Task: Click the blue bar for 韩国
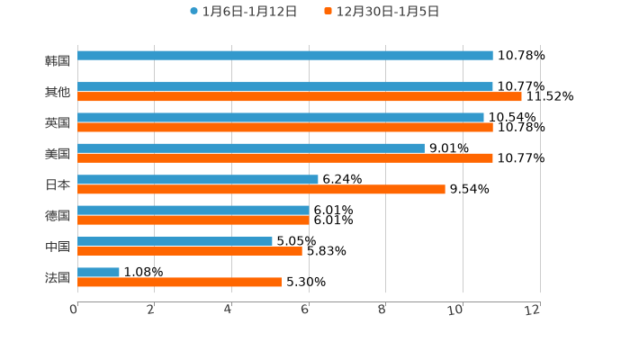[284, 56]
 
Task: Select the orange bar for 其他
[299, 96]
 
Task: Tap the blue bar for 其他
[284, 86]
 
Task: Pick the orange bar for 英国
[284, 127]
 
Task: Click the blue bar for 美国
[250, 148]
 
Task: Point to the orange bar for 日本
[261, 189]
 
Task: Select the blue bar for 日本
[197, 179]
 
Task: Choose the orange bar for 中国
[189, 251]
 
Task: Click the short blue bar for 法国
[98, 272]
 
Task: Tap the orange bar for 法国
[179, 282]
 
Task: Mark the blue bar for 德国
[193, 210]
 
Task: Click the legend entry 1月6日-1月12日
[243, 12]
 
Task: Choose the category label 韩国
[57, 60]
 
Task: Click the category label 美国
[57, 153]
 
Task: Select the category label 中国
[57, 246]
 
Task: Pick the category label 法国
[57, 277]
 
